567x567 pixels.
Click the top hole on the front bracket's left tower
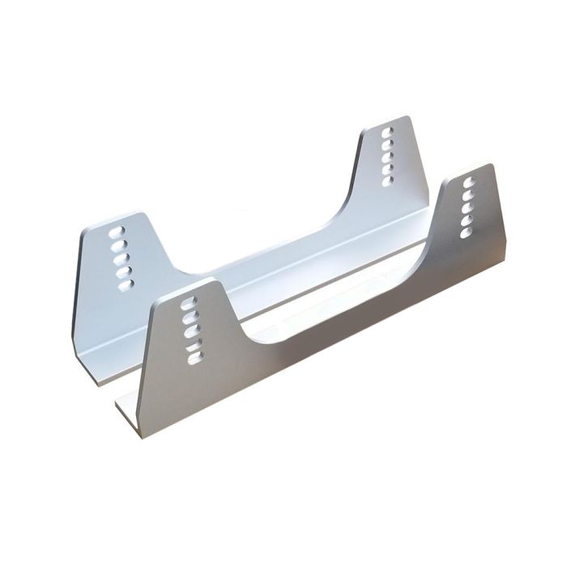coord(190,301)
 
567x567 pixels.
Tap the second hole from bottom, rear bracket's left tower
coord(122,272)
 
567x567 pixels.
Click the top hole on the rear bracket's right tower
coord(386,130)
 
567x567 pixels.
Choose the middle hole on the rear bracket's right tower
coord(387,155)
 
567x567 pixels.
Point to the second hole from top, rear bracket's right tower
coord(386,142)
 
